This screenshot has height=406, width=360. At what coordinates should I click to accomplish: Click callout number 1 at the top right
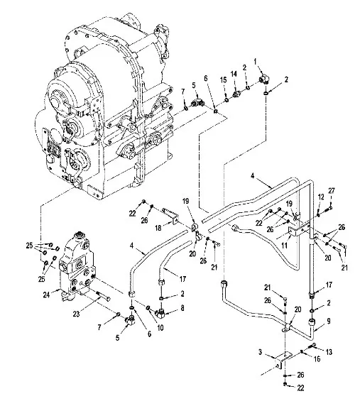256,61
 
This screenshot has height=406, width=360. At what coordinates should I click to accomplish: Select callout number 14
234,74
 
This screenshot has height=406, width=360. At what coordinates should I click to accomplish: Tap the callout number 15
223,79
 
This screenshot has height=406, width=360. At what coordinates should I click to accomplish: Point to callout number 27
332,191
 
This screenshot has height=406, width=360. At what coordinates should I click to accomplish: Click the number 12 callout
321,197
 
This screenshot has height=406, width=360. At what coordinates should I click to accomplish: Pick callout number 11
284,245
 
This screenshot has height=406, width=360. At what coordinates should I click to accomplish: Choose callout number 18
158,228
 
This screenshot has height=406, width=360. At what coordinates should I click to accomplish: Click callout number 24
46,295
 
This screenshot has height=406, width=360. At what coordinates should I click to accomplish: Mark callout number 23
76,314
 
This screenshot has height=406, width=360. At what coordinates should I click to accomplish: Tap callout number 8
182,308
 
